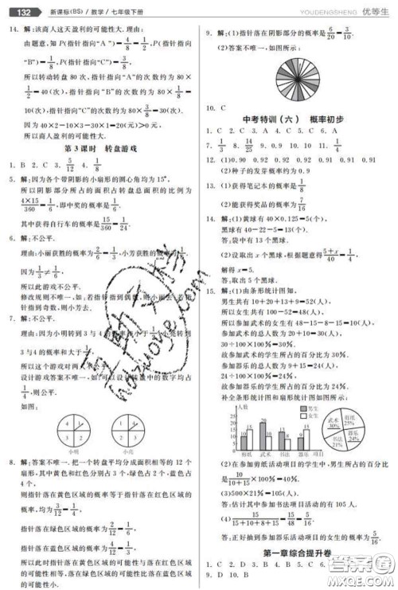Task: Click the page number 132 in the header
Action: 20,12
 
